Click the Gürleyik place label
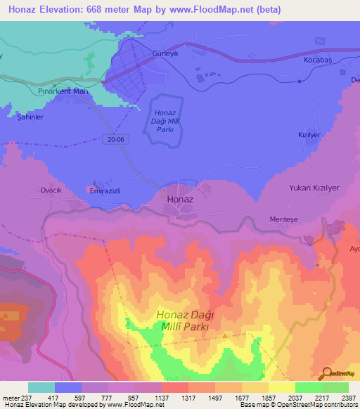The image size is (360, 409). pos(167,54)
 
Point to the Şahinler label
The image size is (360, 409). pos(30,117)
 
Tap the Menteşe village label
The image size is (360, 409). pos(285,219)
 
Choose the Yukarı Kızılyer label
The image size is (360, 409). pos(314,188)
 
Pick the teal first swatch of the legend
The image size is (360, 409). pos(41,387)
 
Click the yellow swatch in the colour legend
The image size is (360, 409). pos(281,387)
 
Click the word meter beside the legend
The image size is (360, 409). pos(11,398)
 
